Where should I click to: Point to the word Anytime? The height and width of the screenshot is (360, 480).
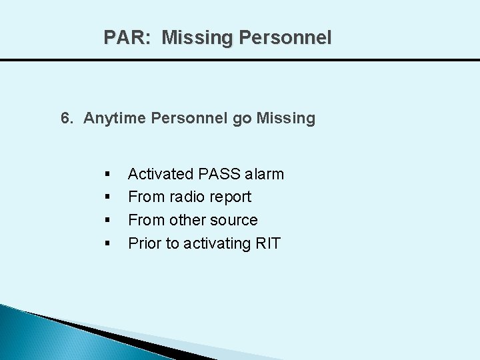click(115, 119)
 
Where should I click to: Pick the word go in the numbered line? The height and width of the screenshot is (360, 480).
click(242, 119)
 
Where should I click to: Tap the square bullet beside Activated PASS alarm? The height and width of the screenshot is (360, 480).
click(107, 175)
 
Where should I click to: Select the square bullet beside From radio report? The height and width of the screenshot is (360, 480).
click(107, 197)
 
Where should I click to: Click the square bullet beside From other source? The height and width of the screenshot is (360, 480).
click(107, 221)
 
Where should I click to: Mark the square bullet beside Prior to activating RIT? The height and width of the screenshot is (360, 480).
click(107, 244)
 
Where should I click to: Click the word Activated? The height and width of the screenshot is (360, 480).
click(161, 174)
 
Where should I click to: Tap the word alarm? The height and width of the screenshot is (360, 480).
click(264, 174)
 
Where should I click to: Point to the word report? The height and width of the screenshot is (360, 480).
click(229, 197)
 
